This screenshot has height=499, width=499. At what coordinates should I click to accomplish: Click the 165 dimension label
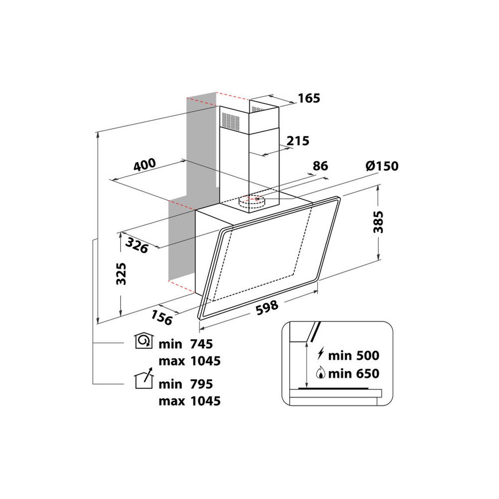click(309, 99)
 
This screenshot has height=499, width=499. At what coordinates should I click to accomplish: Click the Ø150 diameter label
click(382, 166)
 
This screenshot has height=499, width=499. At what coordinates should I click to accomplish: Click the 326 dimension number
click(137, 245)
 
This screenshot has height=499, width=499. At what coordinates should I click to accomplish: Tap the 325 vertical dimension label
click(121, 273)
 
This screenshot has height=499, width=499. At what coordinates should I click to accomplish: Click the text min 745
click(186, 344)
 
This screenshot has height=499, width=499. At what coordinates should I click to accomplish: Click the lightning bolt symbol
click(321, 355)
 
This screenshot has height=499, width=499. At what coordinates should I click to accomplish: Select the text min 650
click(353, 373)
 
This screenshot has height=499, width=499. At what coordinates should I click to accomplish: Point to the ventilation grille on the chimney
click(231, 120)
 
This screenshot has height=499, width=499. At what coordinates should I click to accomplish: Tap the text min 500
click(353, 356)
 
